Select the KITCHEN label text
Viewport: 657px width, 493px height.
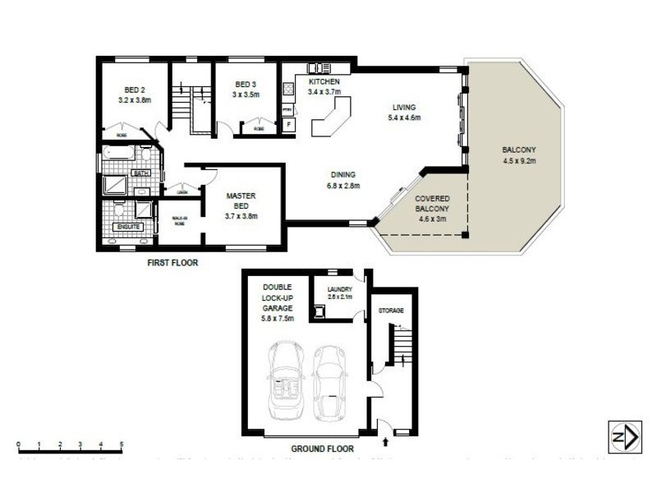point(324,83)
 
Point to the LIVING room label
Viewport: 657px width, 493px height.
point(404,108)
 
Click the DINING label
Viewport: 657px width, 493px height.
point(342,174)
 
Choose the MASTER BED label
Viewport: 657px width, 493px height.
point(242,200)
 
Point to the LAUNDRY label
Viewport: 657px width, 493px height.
point(339,289)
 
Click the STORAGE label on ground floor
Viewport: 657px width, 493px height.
point(391,311)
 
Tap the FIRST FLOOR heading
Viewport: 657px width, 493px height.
point(172,264)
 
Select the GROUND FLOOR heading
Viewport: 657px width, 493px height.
point(323,449)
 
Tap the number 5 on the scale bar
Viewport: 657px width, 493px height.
point(122,445)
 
